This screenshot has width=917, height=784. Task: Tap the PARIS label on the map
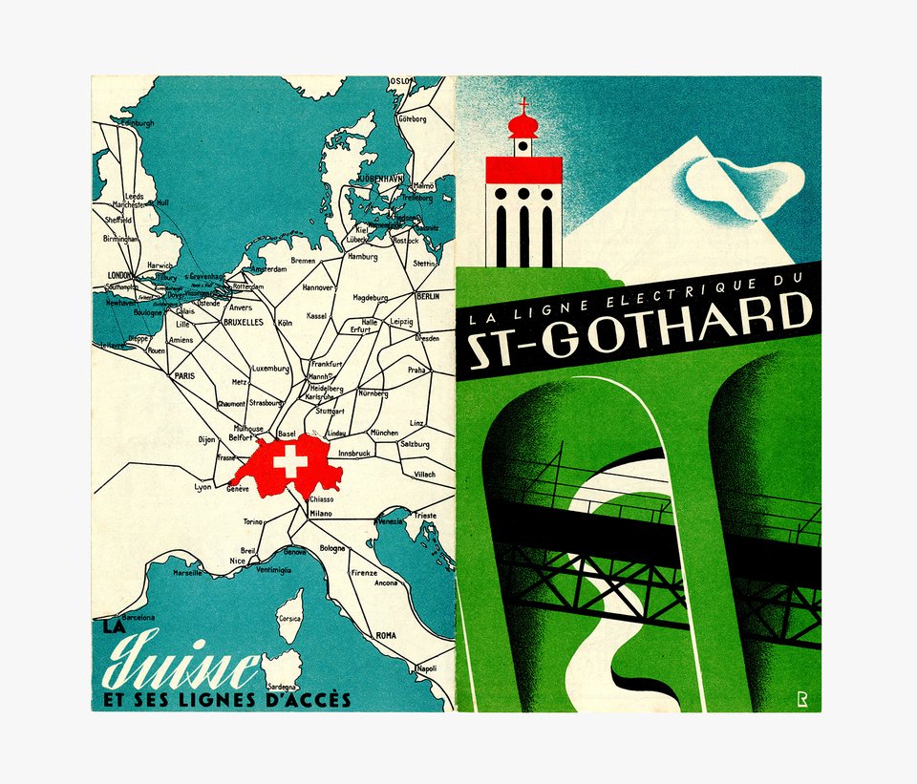(x=184, y=375)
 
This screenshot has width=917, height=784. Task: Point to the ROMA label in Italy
(x=386, y=635)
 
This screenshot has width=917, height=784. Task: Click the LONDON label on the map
(x=120, y=275)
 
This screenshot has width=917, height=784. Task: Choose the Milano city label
(x=321, y=513)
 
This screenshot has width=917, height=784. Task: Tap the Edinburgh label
(x=135, y=123)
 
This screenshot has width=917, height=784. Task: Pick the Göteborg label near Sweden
(x=412, y=119)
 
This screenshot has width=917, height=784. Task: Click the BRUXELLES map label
(x=243, y=323)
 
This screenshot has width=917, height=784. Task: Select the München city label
(x=384, y=433)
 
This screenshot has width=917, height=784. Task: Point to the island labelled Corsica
(x=289, y=616)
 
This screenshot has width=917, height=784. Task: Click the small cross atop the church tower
(x=522, y=103)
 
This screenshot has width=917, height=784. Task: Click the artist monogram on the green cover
(x=802, y=699)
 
